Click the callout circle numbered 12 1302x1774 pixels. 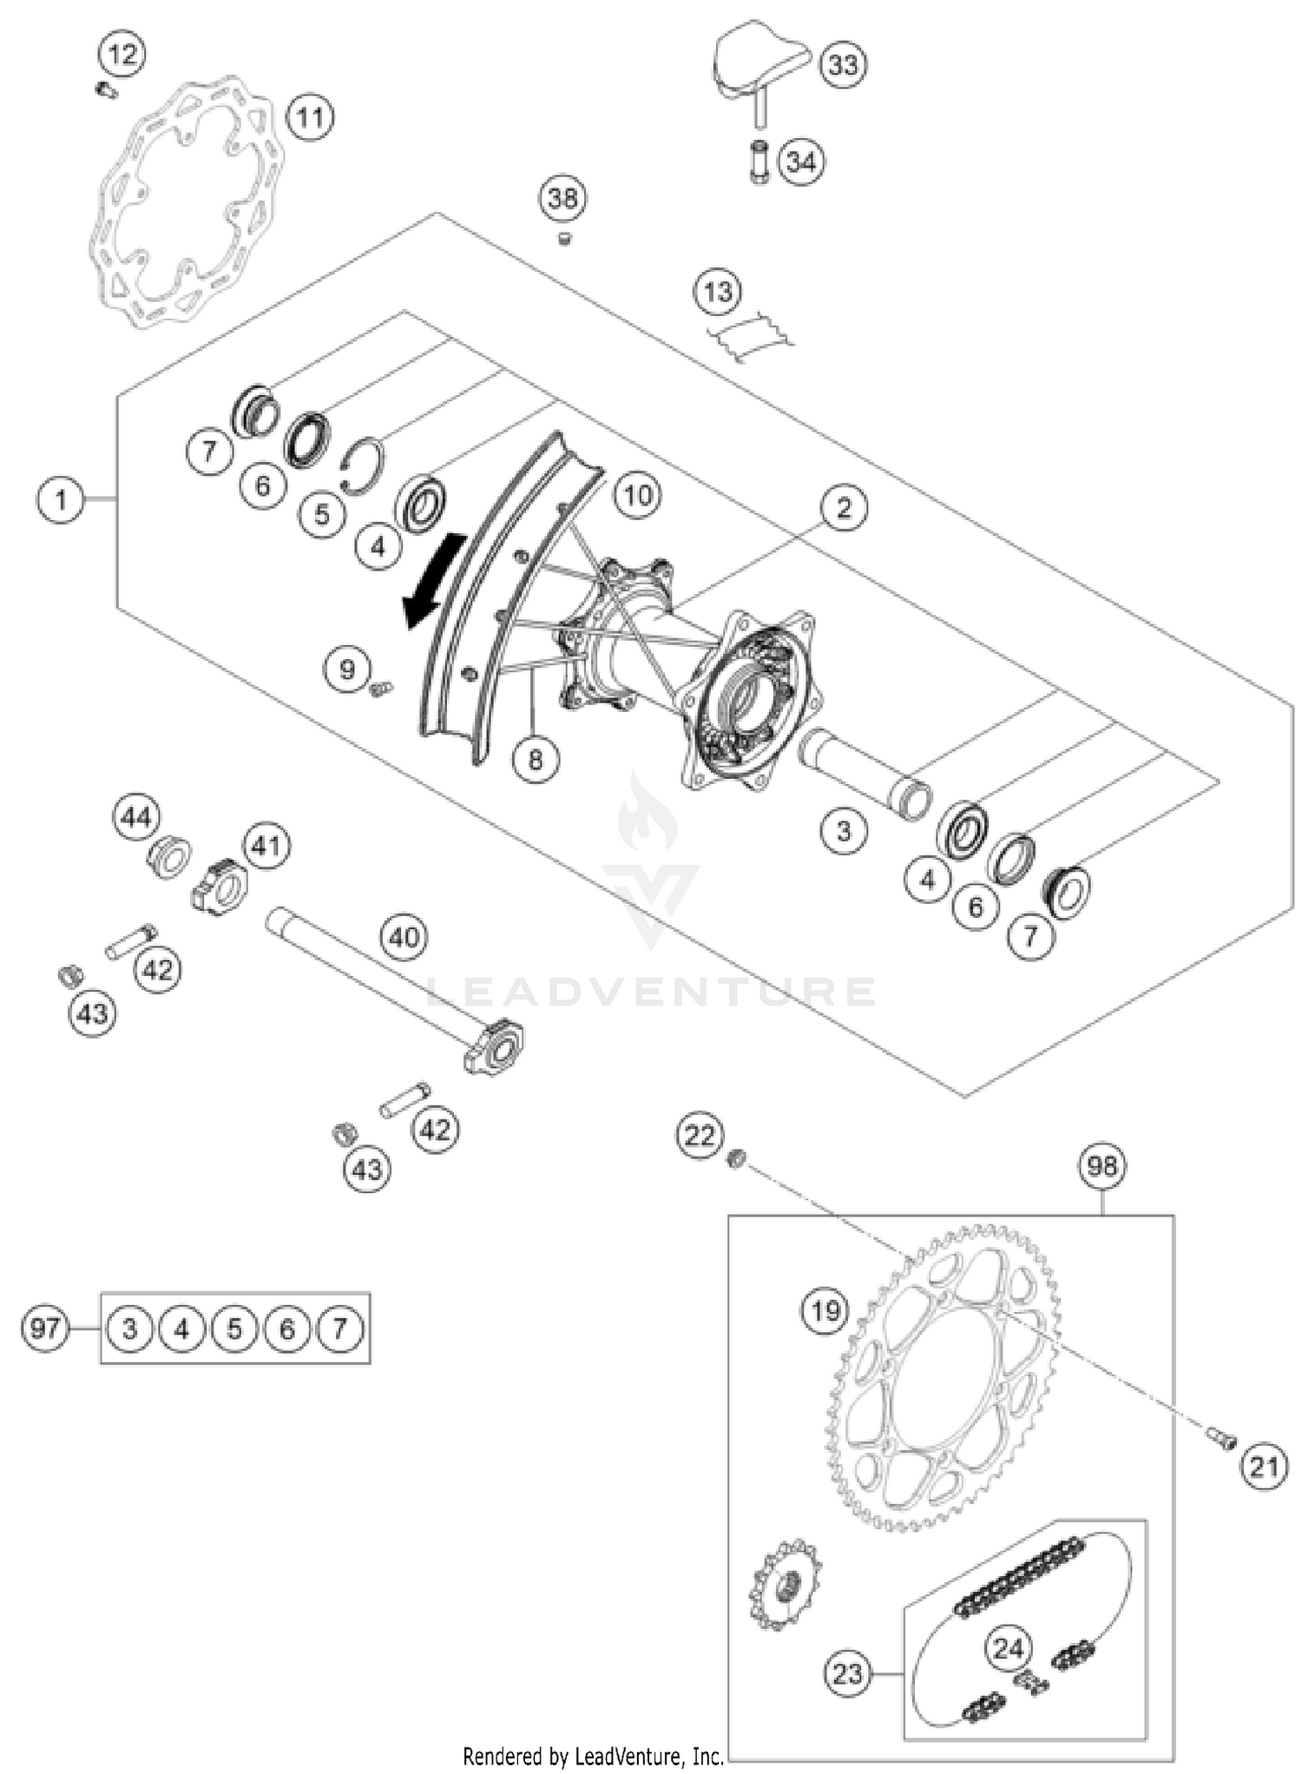pyautogui.click(x=122, y=55)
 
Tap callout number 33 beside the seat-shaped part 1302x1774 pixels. pyautogui.click(x=843, y=65)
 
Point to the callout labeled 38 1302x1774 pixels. pyautogui.click(x=562, y=199)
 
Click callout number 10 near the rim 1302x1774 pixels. pyautogui.click(x=638, y=496)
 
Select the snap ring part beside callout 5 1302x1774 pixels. pyautogui.click(x=360, y=465)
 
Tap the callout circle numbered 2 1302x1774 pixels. pyautogui.click(x=844, y=507)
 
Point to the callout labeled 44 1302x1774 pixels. pyautogui.click(x=136, y=817)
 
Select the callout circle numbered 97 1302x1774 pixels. pyautogui.click(x=44, y=1328)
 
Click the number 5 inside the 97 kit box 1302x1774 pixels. pyautogui.click(x=234, y=1329)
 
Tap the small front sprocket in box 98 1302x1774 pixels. pyautogui.click(x=785, y=1583)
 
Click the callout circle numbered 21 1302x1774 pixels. pyautogui.click(x=1264, y=1467)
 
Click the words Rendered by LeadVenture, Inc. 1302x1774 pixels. pyautogui.click(x=593, y=1757)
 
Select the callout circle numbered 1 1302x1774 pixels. pyautogui.click(x=61, y=499)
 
